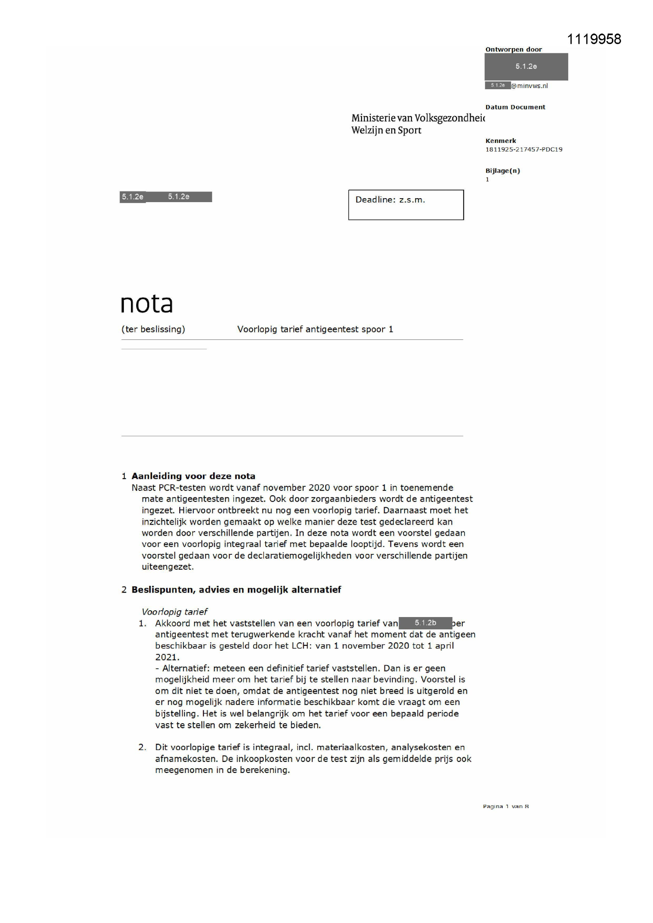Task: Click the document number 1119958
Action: pos(593,39)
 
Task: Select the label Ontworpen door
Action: pos(514,49)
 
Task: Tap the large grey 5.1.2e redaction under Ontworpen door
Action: pos(526,67)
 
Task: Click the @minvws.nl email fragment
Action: pos(529,86)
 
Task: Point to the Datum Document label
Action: pos(515,107)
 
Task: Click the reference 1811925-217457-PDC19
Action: pos(524,150)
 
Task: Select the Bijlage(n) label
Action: pos(503,171)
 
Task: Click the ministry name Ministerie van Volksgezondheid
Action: pos(418,118)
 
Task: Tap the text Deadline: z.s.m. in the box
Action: pos(390,200)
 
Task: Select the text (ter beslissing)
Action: pos(153,329)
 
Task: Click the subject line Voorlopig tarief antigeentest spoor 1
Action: pos(315,329)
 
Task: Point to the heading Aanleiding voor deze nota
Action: pos(193,476)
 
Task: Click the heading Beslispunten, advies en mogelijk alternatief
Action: pos(236,590)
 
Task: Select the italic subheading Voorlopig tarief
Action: pos(174,612)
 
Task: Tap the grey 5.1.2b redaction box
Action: pos(425,623)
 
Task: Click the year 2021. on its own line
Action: pos(167,657)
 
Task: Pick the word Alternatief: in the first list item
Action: pos(186,668)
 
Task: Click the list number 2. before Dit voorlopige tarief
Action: pos(143,747)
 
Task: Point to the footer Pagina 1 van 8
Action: pos(505,806)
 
